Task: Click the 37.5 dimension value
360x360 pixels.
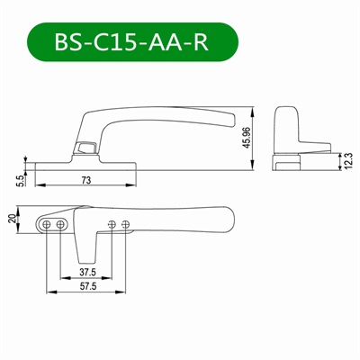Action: pos(87,272)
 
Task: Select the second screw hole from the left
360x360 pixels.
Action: pos(60,223)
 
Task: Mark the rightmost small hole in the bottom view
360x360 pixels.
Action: pos(124,224)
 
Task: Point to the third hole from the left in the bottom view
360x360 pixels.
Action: pos(111,224)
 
